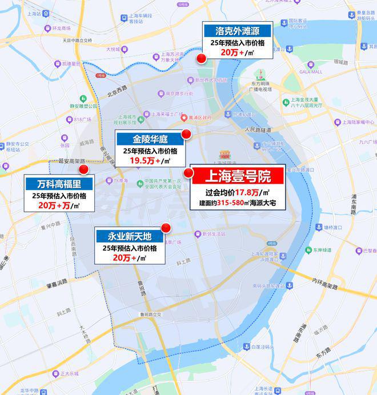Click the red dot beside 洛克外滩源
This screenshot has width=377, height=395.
[201, 58]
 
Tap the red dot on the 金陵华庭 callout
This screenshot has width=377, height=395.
[186, 134]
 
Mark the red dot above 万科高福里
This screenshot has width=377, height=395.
[84, 169]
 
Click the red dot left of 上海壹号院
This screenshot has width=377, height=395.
[188, 172]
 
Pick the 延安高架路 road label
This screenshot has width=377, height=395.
[71, 162]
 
